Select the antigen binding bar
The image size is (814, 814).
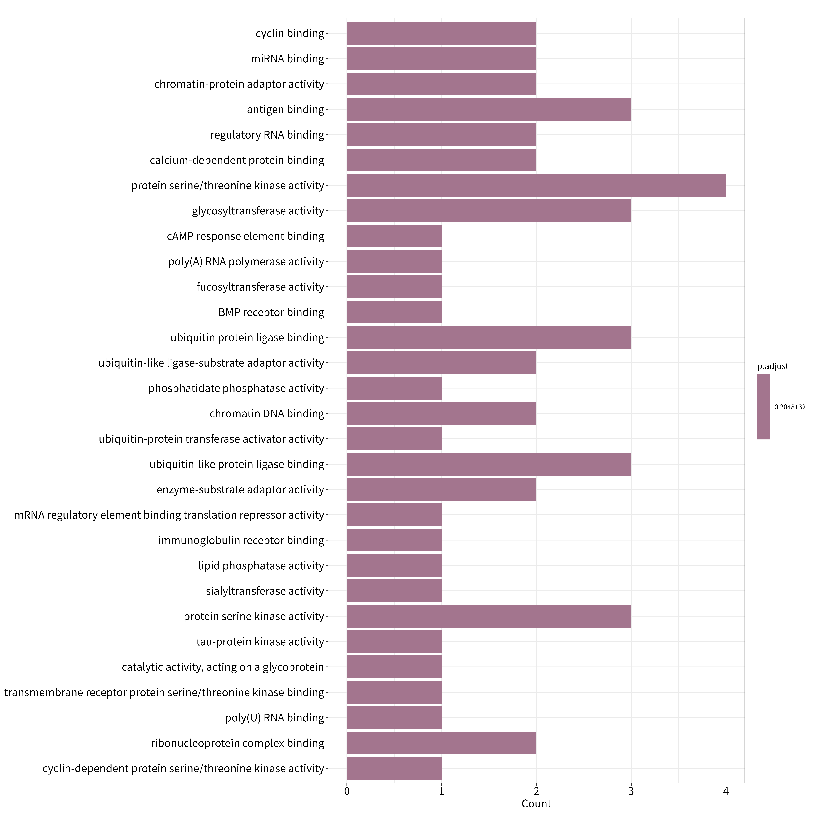tap(489, 109)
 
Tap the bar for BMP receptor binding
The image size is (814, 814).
tap(394, 312)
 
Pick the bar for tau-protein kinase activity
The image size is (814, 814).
tap(394, 642)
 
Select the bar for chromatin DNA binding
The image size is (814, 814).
tap(442, 413)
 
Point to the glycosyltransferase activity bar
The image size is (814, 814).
tap(489, 211)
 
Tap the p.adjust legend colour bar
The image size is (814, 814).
tap(763, 407)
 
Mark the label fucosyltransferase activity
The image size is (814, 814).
tap(260, 287)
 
